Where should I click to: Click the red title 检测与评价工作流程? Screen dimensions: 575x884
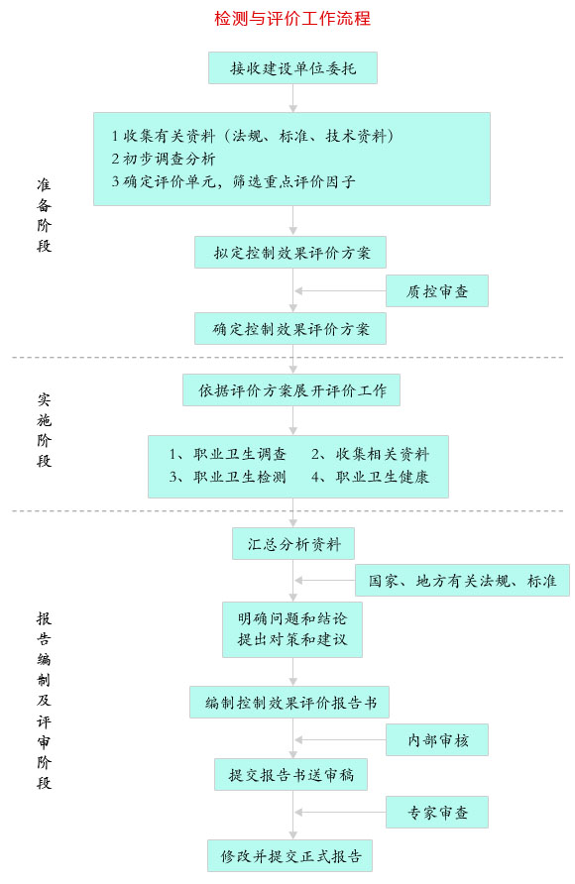292,19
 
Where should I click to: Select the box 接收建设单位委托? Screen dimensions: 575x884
292,68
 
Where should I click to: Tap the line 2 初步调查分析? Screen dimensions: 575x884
164,159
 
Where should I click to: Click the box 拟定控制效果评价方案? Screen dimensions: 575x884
290,252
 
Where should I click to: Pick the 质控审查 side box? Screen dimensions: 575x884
437,291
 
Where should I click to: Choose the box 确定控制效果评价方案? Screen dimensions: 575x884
290,329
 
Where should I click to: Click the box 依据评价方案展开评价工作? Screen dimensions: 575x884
291,390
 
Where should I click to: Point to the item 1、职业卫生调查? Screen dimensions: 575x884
228,454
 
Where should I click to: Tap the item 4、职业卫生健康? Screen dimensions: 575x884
371,477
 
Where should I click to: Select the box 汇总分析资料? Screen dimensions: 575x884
293,543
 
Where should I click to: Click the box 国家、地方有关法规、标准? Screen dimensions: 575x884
462,580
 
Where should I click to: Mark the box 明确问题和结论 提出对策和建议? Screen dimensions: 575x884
292,629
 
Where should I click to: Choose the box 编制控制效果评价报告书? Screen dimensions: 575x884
289,702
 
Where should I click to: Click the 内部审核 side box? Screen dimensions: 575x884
437,739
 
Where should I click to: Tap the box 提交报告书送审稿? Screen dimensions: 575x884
290,775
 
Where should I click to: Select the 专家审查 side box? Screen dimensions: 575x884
437,812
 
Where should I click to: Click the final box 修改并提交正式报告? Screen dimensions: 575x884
289,856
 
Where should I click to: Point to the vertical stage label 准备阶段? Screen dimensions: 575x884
44,215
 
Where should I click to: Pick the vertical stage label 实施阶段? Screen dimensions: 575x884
44,430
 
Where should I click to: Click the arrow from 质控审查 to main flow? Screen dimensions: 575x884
340,291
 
